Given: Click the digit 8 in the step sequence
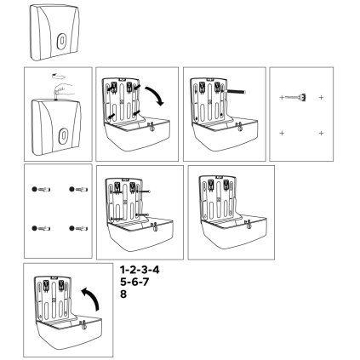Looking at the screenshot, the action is pos(123,294).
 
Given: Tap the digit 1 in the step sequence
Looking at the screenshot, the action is pos(123,270).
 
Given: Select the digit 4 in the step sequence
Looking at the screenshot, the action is pos(156,270).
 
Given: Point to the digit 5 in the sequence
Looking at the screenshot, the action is pos(123,282).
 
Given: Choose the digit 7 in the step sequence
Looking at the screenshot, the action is pos(146,282).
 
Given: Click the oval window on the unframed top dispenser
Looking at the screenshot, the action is pos(61,41).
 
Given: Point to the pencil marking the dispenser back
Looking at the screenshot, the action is pos(235,92).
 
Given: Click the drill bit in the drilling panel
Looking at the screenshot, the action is pos(295,97).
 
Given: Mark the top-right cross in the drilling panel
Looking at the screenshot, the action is pos(321,98).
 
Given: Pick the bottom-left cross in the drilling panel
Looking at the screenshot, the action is pos(282,133).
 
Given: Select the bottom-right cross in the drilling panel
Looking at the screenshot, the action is pos(321,133).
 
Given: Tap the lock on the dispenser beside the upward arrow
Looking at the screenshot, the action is pos(83,324).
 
